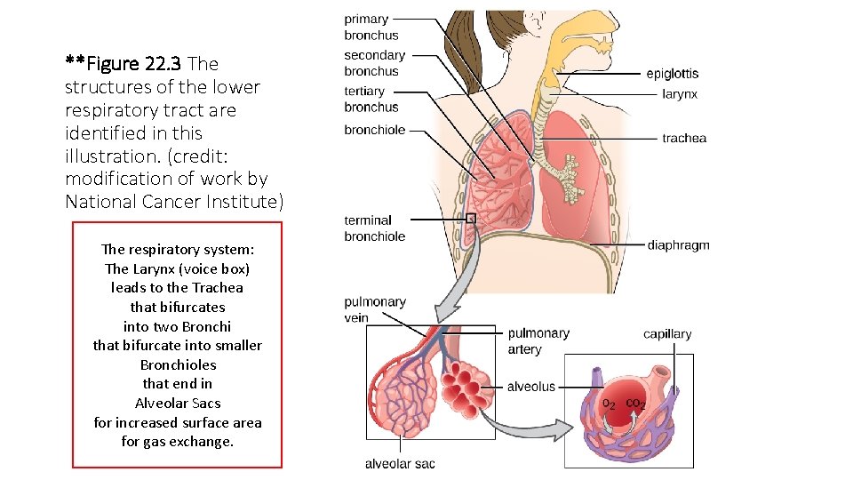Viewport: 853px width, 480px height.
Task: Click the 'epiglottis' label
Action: click(672, 74)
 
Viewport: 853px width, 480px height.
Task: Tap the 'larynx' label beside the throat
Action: click(680, 93)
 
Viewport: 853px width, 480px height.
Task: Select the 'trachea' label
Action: click(683, 138)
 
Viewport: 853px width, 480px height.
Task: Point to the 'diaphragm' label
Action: click(678, 245)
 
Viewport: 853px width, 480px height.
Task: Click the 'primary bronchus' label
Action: click(371, 28)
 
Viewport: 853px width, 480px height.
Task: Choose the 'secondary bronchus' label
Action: click(374, 63)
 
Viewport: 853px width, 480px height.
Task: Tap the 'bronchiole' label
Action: click(374, 130)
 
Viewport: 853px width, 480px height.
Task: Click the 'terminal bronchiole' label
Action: click(374, 228)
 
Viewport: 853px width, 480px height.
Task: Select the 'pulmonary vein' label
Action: click(374, 310)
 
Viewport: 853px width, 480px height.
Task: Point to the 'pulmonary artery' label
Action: click(538, 341)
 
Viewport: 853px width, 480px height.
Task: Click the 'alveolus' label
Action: click(530, 387)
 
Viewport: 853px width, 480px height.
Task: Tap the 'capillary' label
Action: click(667, 334)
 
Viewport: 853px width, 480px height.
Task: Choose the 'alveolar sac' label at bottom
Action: click(400, 464)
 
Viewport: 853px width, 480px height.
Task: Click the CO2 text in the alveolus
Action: click(635, 404)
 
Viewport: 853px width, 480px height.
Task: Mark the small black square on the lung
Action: click(471, 218)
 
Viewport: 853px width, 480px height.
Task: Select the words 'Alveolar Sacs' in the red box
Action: click(177, 404)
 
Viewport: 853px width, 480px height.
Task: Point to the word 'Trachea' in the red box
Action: click(220, 288)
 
